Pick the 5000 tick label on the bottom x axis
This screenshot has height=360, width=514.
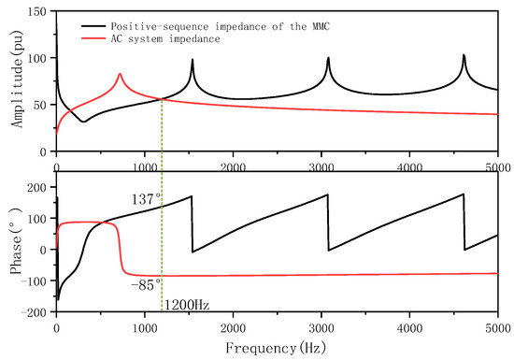click(496, 327)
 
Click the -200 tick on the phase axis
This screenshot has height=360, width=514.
click(34, 314)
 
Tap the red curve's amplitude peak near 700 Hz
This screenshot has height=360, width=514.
click(120, 74)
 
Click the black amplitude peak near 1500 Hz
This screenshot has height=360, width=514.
click(193, 60)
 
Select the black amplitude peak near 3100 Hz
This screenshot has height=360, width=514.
click(328, 58)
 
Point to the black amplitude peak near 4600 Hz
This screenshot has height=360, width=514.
click(464, 55)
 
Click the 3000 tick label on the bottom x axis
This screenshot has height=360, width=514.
click(321, 327)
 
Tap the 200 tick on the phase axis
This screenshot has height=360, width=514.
click(37, 187)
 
